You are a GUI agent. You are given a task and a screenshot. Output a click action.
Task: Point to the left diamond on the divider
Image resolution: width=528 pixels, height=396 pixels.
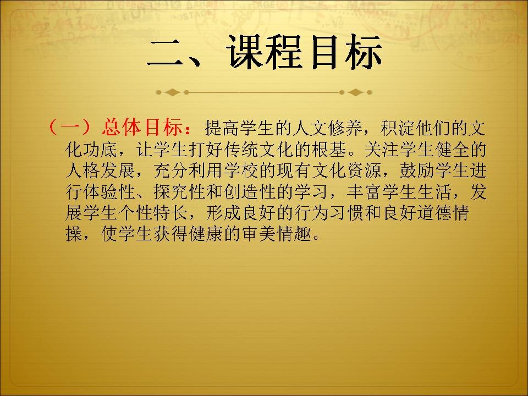(172, 92)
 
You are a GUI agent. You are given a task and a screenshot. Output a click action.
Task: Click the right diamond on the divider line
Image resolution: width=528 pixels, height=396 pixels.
(355, 92)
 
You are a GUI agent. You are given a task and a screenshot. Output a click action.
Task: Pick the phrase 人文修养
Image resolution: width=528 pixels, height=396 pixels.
(328, 128)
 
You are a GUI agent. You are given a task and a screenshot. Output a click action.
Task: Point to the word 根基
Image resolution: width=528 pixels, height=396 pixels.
(328, 149)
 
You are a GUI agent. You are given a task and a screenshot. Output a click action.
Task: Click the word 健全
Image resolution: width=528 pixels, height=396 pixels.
(452, 149)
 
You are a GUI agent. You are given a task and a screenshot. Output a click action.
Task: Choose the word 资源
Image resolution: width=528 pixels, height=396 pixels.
(364, 170)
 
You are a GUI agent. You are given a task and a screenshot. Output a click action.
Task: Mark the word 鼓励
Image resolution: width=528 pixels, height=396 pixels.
(416, 170)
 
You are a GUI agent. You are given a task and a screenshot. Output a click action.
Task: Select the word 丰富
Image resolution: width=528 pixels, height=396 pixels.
(364, 191)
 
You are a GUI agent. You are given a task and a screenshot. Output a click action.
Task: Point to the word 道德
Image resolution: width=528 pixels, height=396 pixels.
(434, 213)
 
